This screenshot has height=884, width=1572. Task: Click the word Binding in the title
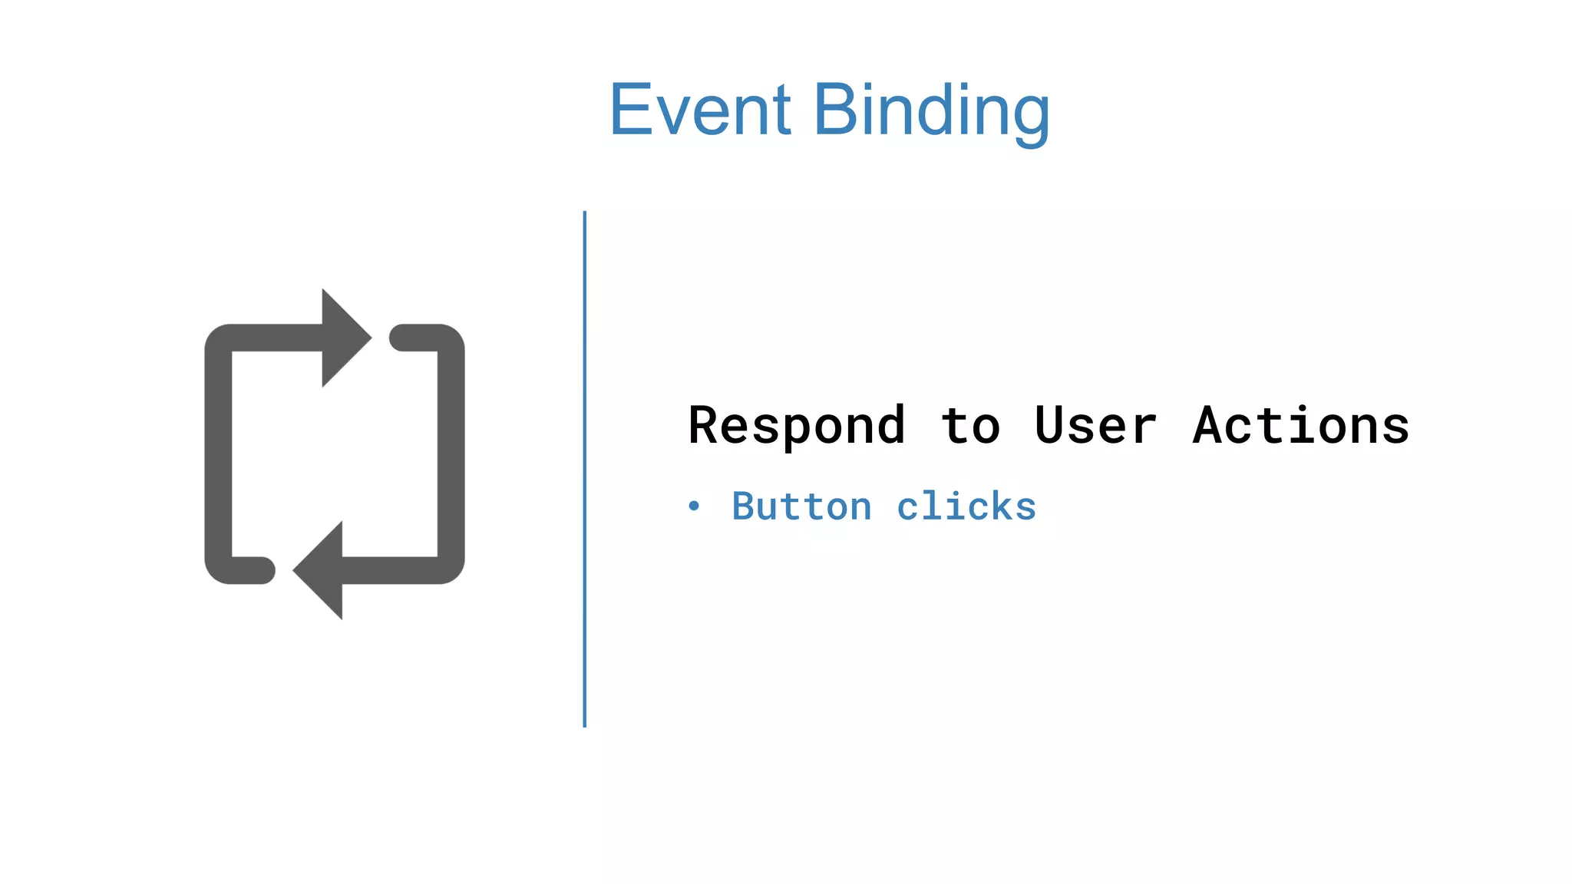pos(930,111)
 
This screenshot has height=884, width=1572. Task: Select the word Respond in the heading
pos(796,425)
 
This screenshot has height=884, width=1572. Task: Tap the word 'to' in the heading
pos(970,425)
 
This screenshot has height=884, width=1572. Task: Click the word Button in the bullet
pos(801,506)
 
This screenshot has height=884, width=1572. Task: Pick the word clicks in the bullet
pos(966,506)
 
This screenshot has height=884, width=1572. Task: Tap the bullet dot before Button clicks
pos(694,506)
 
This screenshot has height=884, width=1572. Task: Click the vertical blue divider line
pos(585,468)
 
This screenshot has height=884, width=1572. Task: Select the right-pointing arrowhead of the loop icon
pos(344,338)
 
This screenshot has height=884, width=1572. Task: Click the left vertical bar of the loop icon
pos(218,453)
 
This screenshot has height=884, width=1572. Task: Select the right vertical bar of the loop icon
pos(451,453)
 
